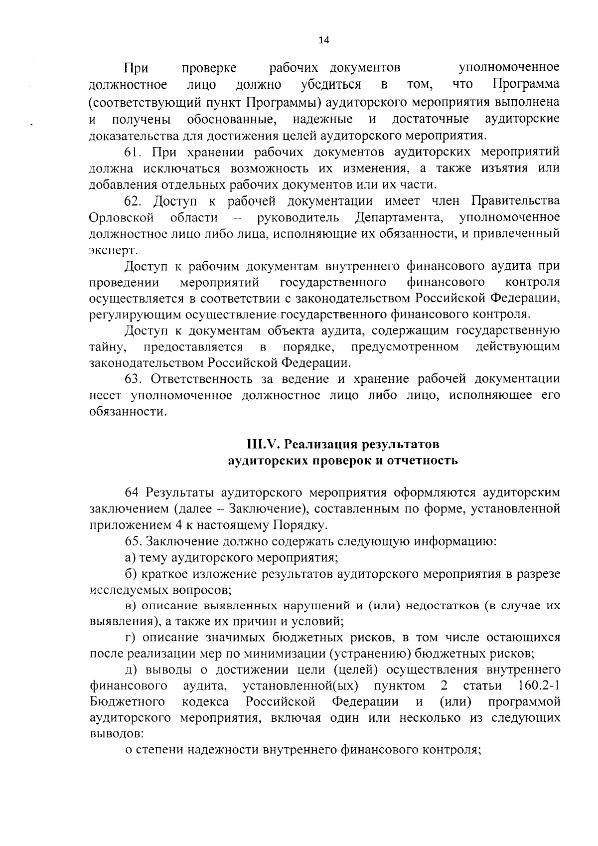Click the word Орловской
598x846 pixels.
pos(121,218)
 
